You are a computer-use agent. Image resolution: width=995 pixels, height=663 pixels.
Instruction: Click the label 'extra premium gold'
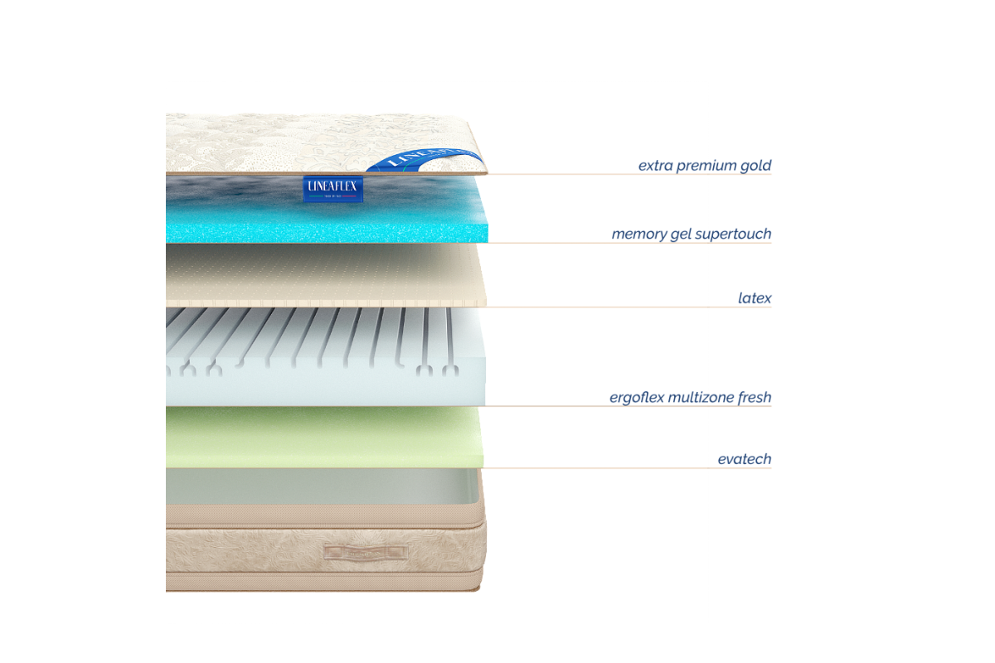[x=705, y=166]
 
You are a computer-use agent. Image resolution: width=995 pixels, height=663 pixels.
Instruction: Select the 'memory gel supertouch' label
[x=691, y=234]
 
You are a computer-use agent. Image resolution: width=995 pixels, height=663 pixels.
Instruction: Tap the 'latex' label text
[x=755, y=297]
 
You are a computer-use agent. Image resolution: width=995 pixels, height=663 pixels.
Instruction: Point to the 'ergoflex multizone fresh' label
[x=690, y=398]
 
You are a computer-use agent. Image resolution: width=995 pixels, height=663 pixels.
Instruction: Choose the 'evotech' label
[x=745, y=459]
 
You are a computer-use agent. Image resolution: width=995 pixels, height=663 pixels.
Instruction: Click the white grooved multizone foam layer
[x=332, y=365]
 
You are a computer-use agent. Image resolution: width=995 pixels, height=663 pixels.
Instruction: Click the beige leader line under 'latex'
[x=630, y=307]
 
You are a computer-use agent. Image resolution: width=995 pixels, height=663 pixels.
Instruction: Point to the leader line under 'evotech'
[x=630, y=468]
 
